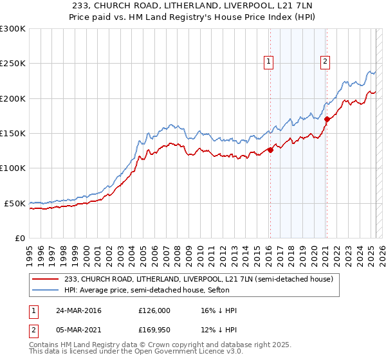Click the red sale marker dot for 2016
tap(270, 150)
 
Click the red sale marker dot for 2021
tap(327, 119)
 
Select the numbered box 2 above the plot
tap(326, 62)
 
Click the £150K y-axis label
tap(13, 134)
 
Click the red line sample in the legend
tap(46, 280)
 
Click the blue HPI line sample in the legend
tap(46, 290)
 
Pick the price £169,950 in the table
tap(154, 331)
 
